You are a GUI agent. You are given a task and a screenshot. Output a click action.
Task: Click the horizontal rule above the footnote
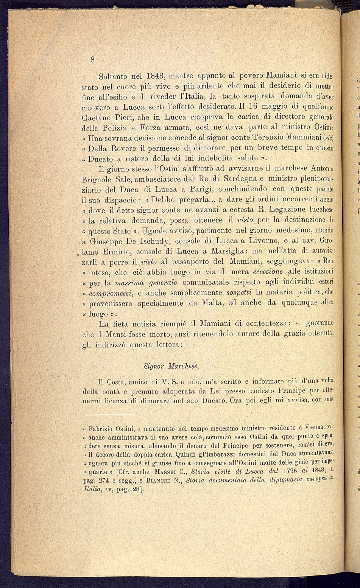tap(98, 415)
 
